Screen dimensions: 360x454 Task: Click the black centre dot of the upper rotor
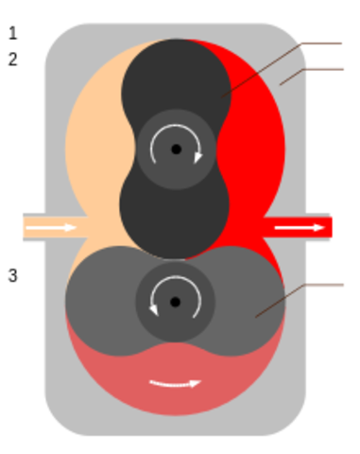[176, 149]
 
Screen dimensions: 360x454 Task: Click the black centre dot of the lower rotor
[175, 302]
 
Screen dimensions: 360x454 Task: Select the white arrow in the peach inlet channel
[58, 227]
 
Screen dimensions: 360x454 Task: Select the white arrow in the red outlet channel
[296, 227]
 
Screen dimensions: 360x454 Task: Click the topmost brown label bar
[321, 44]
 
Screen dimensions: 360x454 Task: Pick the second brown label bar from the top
[327, 68]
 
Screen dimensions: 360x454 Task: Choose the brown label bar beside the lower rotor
[326, 284]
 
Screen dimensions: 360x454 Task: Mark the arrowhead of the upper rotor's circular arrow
[197, 157]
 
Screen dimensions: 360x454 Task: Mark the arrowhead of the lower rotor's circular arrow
[153, 309]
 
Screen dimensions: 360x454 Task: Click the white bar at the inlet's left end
[19, 227]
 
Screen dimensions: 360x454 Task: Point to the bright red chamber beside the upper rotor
[255, 142]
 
